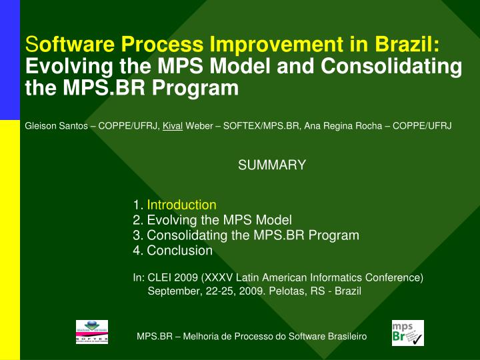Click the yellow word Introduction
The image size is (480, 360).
[x=181, y=205]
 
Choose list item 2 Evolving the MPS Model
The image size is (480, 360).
[x=213, y=220]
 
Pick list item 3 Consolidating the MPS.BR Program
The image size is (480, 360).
[x=246, y=235]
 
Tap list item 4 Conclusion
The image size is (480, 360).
[x=173, y=251]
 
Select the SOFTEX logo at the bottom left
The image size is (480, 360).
[x=92, y=332]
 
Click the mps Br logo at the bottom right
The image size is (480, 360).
[x=407, y=333]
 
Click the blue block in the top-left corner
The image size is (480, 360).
[x=10, y=60]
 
